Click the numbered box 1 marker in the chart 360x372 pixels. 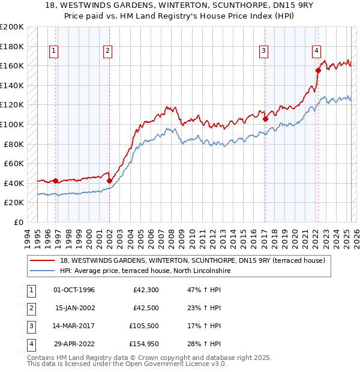[54, 52]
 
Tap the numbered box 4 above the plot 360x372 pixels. [316, 52]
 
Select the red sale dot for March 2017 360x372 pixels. [265, 119]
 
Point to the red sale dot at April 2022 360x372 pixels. [318, 70]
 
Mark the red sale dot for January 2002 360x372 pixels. [110, 181]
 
